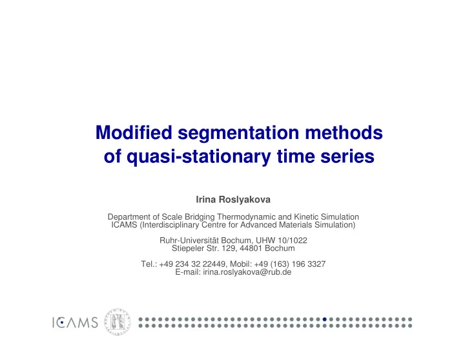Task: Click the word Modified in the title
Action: [134, 132]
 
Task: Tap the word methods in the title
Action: [344, 132]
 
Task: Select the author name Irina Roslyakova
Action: [233, 200]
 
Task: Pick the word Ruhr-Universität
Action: [189, 240]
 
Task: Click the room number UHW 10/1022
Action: [282, 240]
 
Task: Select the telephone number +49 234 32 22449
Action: [192, 264]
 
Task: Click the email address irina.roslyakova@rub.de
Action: [247, 272]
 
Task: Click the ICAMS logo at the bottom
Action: [75, 323]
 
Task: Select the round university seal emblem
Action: [118, 322]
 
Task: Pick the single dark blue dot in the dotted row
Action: [324, 319]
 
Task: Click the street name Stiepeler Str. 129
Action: [203, 248]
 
